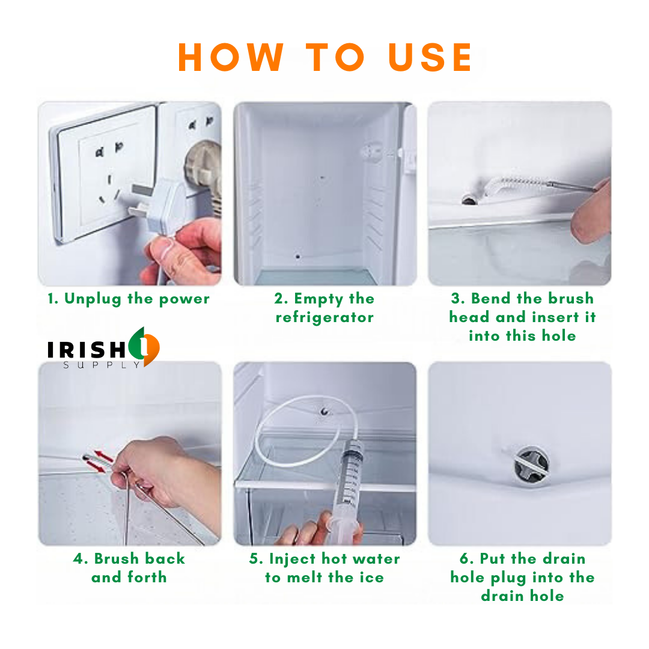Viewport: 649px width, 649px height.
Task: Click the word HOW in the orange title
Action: click(x=231, y=58)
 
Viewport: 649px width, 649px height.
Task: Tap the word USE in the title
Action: click(x=430, y=58)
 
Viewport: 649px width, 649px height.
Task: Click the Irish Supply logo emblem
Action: click(x=144, y=347)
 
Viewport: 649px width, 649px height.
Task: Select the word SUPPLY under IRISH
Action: click(x=102, y=365)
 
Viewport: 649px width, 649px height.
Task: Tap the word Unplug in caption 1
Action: click(x=93, y=299)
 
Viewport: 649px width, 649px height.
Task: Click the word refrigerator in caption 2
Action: click(x=324, y=317)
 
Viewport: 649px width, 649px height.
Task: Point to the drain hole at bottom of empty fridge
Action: click(x=297, y=257)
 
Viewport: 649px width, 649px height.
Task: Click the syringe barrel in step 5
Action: click(x=349, y=476)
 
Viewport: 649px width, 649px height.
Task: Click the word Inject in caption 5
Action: click(x=292, y=559)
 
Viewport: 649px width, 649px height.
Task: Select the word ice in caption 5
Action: click(x=373, y=577)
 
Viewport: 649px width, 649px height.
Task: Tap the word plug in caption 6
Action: click(x=509, y=578)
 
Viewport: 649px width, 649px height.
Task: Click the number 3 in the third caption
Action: click(x=456, y=299)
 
